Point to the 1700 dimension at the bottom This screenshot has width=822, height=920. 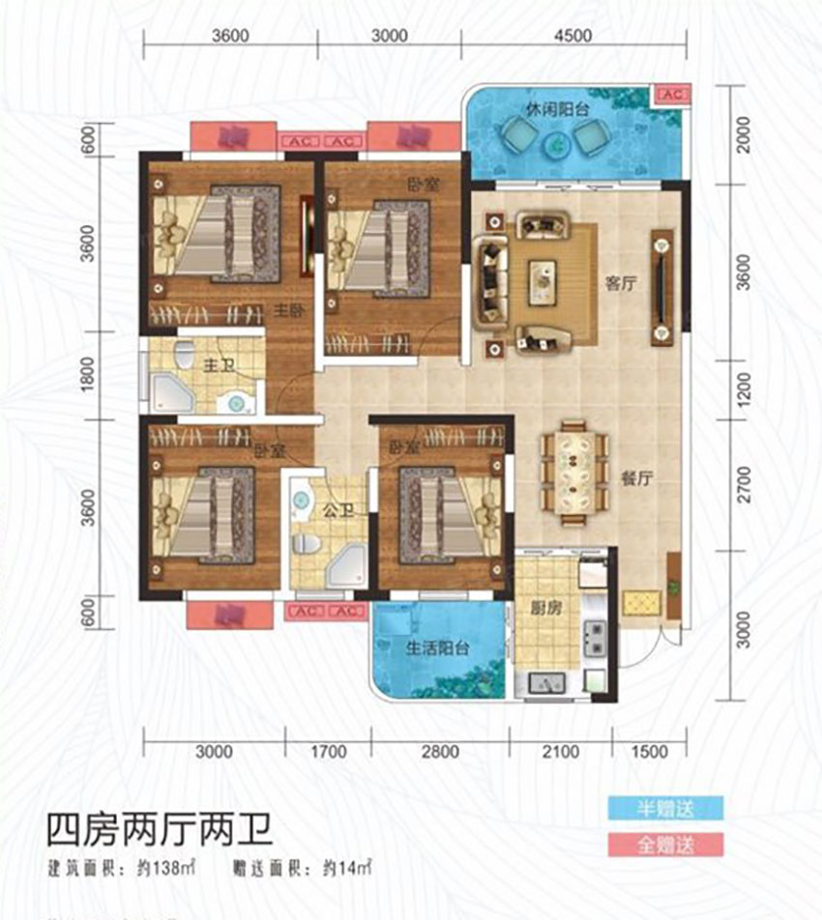(329, 752)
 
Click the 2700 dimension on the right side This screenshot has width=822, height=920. (743, 480)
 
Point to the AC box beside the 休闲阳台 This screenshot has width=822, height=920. (671, 94)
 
